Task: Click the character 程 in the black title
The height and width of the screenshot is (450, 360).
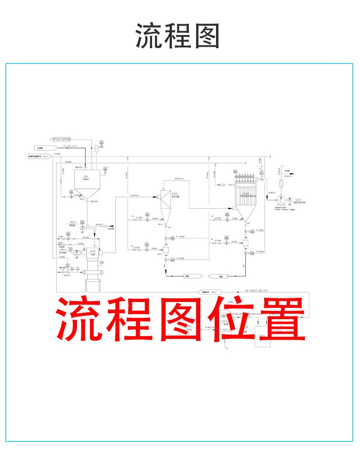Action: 179,36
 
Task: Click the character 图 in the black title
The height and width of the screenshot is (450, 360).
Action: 207,36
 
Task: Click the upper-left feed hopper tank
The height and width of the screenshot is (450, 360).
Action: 87,182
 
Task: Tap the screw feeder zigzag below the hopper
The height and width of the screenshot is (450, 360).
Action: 92,228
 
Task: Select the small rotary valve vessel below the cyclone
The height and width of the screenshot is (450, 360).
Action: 165,249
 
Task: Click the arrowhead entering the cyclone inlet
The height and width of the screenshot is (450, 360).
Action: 158,196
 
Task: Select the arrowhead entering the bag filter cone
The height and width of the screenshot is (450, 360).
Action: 236,208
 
